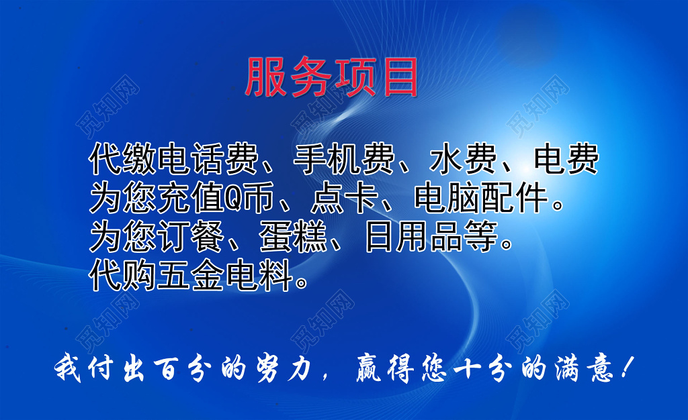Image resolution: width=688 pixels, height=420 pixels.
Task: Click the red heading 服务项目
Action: point(331,78)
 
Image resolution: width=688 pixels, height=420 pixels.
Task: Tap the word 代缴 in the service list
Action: point(122,158)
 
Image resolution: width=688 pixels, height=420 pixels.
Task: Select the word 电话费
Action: point(208,158)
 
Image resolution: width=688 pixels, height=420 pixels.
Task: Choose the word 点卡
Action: point(345,197)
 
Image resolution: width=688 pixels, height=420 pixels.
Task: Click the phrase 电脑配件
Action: point(482,197)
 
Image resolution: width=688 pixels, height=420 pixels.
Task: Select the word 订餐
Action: point(190,236)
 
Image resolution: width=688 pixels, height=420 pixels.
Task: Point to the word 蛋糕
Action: point(293,236)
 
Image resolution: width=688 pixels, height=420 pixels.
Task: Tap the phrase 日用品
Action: point(413,236)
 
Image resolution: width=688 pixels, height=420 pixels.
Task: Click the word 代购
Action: point(122,275)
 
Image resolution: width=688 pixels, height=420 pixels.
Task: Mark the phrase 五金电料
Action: point(224,275)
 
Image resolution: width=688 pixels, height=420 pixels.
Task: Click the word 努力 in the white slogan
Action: point(284,368)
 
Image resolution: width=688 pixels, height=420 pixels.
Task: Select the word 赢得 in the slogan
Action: point(385,368)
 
